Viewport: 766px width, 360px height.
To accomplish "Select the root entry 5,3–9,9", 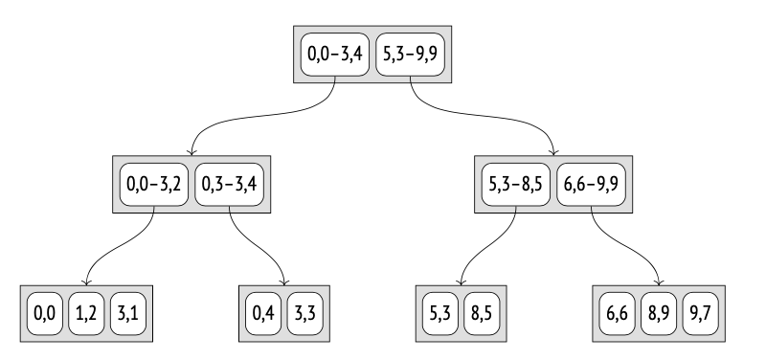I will coord(410,55).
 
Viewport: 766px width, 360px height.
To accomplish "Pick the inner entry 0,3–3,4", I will coord(231,184).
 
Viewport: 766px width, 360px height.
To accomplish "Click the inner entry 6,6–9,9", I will coord(592,184).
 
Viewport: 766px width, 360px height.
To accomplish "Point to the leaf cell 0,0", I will coord(44,313).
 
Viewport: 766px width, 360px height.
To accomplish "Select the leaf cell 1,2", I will coord(86,313).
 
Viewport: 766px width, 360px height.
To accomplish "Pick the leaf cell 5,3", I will coord(441,313).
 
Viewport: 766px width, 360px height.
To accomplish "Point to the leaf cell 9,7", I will coord(702,313).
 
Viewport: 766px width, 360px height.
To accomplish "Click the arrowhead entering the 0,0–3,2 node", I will coord(192,151).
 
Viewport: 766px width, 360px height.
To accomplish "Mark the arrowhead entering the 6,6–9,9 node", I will coord(553,151).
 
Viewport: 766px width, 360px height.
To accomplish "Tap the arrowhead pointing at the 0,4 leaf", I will coord(285,281).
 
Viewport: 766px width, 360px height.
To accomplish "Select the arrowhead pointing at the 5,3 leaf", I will coord(462,281).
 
